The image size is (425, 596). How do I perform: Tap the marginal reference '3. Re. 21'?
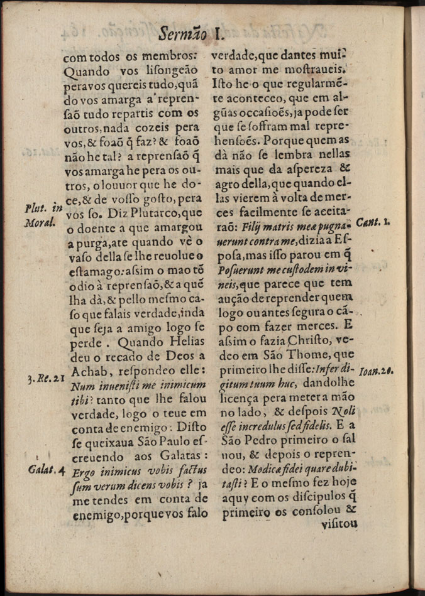coord(47,379)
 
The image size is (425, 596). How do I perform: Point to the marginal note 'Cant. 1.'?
coord(374,222)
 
